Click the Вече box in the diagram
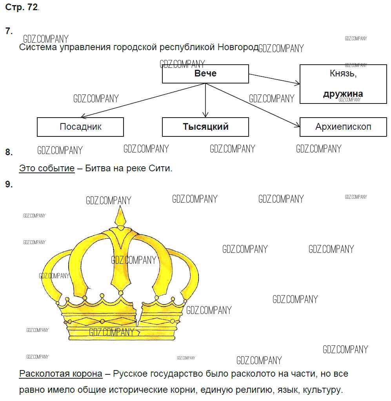click(206, 74)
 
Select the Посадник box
click(80, 127)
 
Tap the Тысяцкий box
click(206, 127)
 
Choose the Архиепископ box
click(343, 127)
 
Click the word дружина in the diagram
click(343, 94)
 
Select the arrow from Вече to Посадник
click(143, 100)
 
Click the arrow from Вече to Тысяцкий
click(206, 100)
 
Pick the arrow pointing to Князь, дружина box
click(275, 79)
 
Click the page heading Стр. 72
click(22, 8)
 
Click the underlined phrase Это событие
click(47, 169)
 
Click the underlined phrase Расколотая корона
click(61, 374)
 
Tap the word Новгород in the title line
click(238, 47)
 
